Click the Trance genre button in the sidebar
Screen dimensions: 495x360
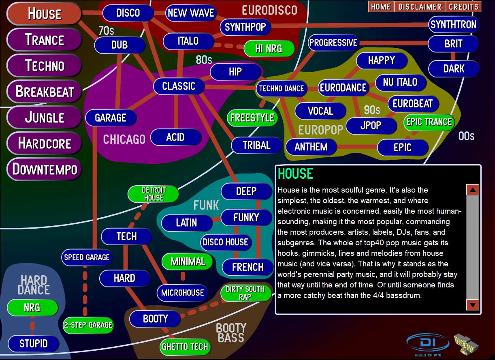[44, 40]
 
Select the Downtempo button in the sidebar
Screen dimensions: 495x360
[44, 169]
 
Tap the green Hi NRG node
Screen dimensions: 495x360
[269, 48]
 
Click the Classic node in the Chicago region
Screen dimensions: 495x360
[179, 86]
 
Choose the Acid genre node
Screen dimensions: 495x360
[176, 137]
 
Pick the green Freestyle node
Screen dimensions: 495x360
[252, 118]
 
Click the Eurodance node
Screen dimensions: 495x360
[343, 88]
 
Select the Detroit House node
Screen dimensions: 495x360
[154, 194]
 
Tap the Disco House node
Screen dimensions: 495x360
[226, 242]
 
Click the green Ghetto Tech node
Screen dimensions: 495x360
[185, 347]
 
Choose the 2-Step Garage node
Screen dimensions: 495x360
[88, 325]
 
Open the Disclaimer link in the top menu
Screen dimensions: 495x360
[420, 6]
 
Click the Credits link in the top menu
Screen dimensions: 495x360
[463, 6]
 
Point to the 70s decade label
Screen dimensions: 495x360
[106, 31]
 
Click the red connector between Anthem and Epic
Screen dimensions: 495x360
[357, 147]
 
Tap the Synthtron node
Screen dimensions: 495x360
[453, 24]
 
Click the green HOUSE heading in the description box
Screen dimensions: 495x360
[295, 174]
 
